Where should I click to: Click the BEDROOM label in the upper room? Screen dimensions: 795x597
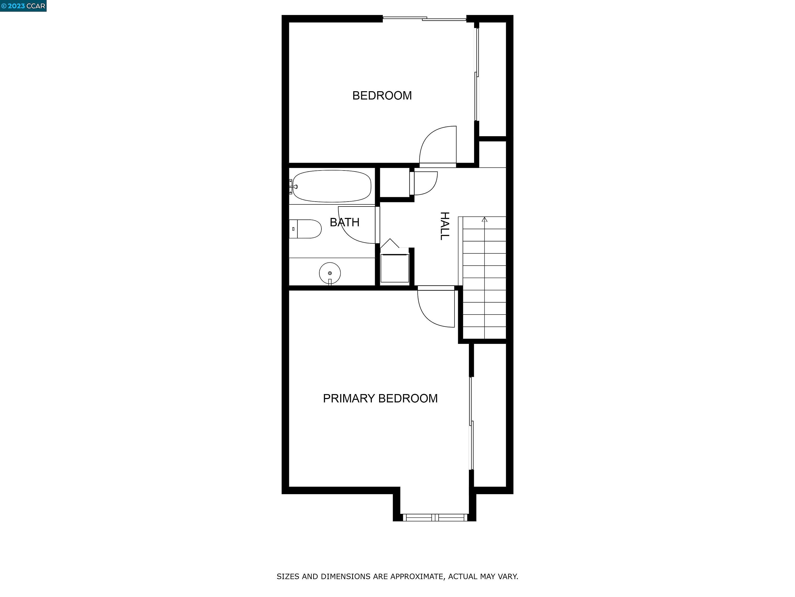click(x=382, y=96)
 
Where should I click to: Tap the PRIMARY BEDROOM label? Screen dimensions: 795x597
click(x=380, y=398)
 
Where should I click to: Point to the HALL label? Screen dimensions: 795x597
click(x=445, y=226)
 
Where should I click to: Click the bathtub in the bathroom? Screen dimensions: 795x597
click(x=332, y=186)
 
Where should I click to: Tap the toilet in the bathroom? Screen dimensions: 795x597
click(x=305, y=229)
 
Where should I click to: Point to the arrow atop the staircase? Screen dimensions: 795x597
click(x=484, y=219)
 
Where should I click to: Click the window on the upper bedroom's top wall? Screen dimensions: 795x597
click(x=424, y=18)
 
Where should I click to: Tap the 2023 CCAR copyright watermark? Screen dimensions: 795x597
click(x=23, y=6)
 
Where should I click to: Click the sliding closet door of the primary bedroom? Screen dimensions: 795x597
click(x=472, y=423)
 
